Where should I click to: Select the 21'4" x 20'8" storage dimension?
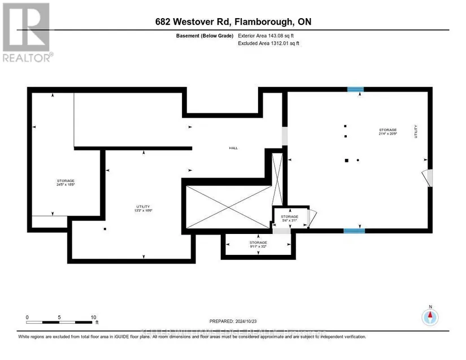pyautogui.click(x=388, y=133)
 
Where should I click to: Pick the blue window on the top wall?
pyautogui.click(x=355, y=89)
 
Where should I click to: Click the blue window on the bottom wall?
pyautogui.click(x=354, y=231)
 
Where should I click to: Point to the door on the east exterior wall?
pyautogui.click(x=428, y=178)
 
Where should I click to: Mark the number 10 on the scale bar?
pyautogui.click(x=93, y=317)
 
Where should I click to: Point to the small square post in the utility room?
pyautogui.click(x=105, y=229)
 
